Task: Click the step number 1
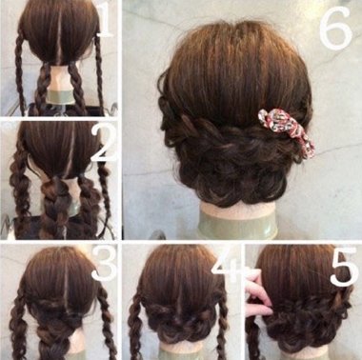pos(105,20)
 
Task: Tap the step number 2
pos(104,142)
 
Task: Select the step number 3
pos(105,264)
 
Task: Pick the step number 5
pos(344,266)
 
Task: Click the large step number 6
pos(335,28)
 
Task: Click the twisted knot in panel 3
pos(59,314)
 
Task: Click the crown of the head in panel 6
pos(236,48)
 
